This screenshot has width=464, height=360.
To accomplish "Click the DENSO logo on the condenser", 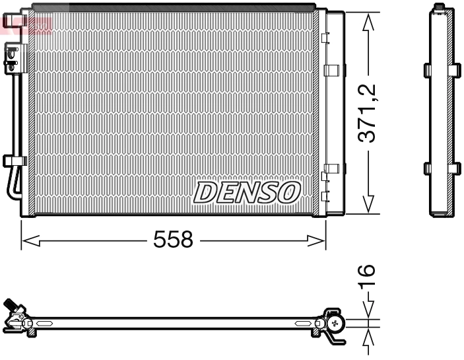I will (x=247, y=192).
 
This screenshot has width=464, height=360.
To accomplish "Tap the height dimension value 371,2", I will (x=369, y=113).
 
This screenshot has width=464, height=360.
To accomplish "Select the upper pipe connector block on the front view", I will (x=12, y=57).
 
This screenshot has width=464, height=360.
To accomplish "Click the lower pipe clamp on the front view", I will (x=13, y=161).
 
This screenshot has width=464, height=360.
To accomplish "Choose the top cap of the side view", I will (x=441, y=9).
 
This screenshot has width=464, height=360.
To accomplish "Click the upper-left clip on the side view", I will (x=428, y=70).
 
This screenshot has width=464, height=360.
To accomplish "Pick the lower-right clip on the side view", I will (x=455, y=168).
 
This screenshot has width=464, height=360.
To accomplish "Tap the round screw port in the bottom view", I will (x=337, y=323).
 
